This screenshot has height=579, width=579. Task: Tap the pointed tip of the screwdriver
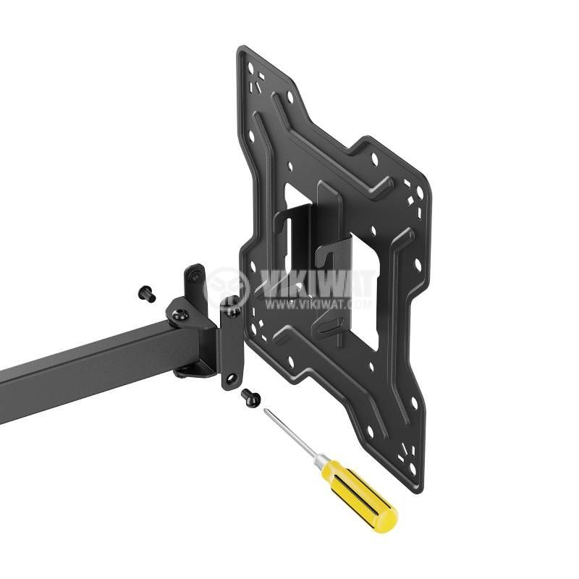pos(266,410)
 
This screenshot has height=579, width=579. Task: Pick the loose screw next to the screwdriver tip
pos(250,396)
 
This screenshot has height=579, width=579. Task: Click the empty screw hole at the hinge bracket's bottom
pos(232,378)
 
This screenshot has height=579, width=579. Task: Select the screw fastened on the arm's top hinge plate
pos(180,315)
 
